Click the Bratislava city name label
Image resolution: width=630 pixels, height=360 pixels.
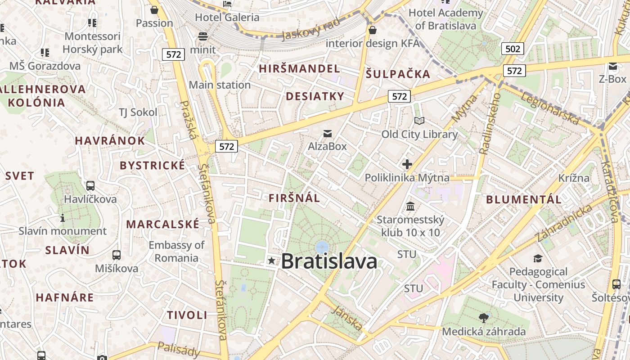pyautogui.click(x=329, y=261)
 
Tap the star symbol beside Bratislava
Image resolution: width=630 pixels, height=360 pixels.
pyautogui.click(x=271, y=261)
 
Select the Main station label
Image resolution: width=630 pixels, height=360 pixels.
pyautogui.click(x=220, y=85)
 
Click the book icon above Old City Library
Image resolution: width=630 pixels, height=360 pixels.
pyautogui.click(x=419, y=121)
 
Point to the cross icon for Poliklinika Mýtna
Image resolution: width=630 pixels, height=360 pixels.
pyautogui.click(x=407, y=164)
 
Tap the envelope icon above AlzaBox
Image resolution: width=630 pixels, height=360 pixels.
pyautogui.click(x=327, y=133)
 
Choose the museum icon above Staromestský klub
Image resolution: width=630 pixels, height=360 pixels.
pyautogui.click(x=410, y=206)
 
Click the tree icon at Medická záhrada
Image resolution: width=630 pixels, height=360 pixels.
pyautogui.click(x=484, y=318)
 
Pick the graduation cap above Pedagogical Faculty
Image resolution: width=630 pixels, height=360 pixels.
pyautogui.click(x=538, y=258)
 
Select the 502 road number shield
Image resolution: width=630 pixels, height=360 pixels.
pyautogui.click(x=513, y=49)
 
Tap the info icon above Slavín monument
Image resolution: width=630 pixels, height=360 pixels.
pyautogui.click(x=63, y=218)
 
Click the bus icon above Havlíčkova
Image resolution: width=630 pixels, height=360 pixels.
pyautogui.click(x=90, y=185)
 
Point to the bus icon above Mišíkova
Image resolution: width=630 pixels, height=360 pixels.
pyautogui.click(x=117, y=255)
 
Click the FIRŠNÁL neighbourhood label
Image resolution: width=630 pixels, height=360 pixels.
pyautogui.click(x=294, y=198)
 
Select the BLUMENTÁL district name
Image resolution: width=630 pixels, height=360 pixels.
pyautogui.click(x=524, y=199)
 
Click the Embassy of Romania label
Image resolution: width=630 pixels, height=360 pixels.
pyautogui.click(x=176, y=251)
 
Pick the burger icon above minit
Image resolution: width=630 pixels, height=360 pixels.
pyautogui.click(x=203, y=36)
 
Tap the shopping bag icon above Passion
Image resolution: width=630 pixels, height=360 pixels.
pyautogui.click(x=154, y=9)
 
